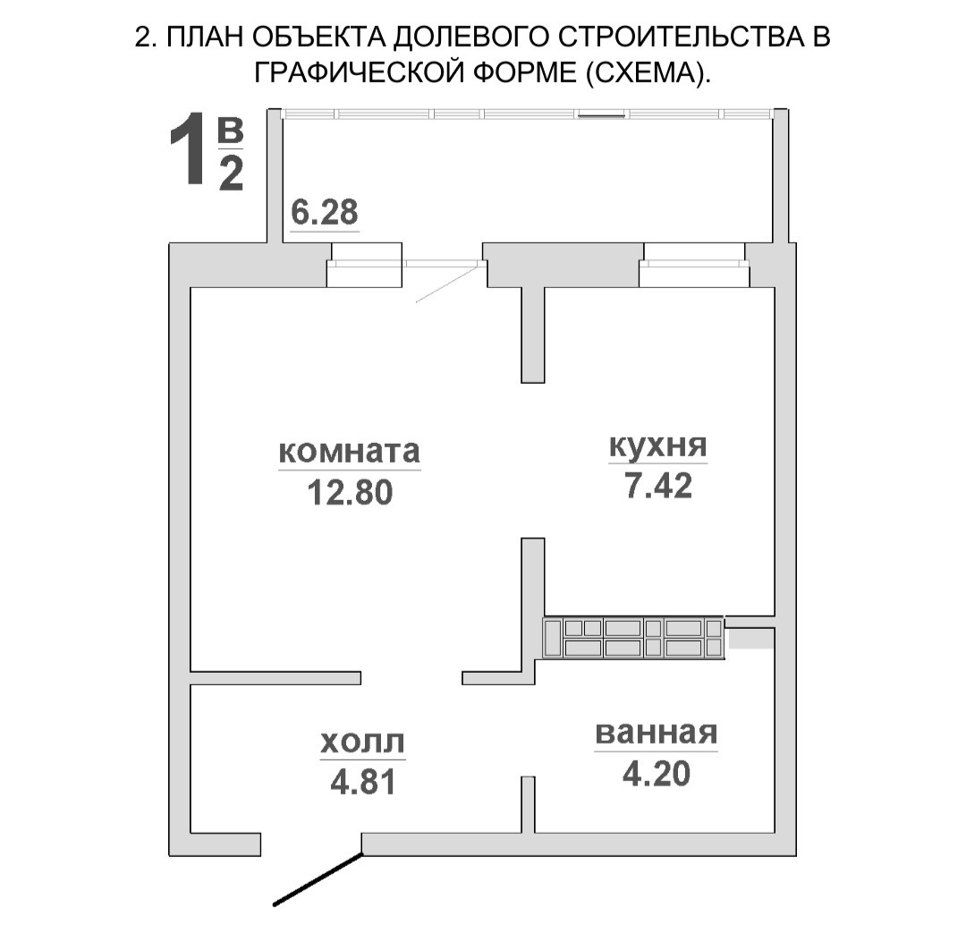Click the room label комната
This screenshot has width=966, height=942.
(x=349, y=451)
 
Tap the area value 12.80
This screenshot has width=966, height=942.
(x=350, y=491)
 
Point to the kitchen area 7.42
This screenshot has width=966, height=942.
(x=659, y=486)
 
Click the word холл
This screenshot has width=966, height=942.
(x=362, y=742)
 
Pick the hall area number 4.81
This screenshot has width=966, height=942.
(x=361, y=782)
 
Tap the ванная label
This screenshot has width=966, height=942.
(x=657, y=733)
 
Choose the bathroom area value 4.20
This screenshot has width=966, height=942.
(x=657, y=773)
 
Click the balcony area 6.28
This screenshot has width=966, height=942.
(x=325, y=212)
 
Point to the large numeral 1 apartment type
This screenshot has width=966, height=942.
(x=190, y=151)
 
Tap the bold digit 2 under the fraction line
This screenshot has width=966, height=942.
(x=231, y=174)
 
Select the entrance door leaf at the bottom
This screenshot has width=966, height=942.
(x=318, y=879)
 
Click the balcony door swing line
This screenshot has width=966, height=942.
(x=447, y=284)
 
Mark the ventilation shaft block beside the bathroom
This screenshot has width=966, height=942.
(x=633, y=638)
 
